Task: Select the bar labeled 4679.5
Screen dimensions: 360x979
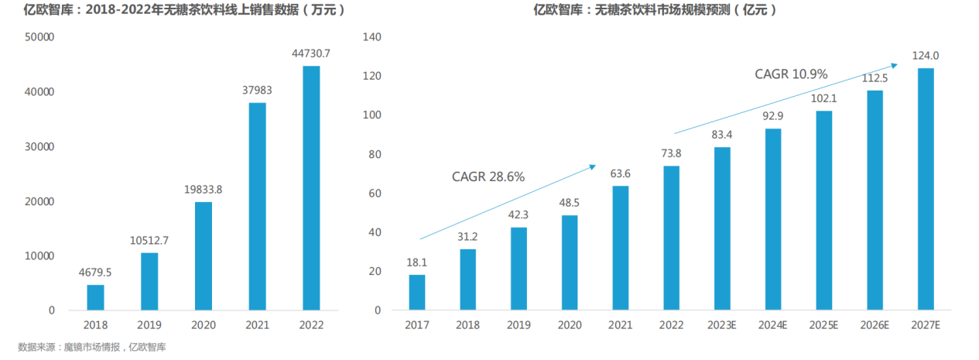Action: tap(95, 297)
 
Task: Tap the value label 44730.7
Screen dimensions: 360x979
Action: tap(311, 53)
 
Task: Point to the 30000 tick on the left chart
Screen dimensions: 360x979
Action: tap(40, 146)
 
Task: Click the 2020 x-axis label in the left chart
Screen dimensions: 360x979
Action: tap(203, 325)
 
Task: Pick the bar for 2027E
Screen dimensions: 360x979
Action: tap(925, 189)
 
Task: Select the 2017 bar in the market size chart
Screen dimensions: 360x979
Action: tap(416, 292)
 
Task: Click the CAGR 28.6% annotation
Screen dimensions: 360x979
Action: tap(488, 177)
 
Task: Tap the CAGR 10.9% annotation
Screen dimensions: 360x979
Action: tap(791, 74)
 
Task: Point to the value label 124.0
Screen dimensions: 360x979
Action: tap(925, 56)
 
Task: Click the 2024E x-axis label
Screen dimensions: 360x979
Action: tap(772, 325)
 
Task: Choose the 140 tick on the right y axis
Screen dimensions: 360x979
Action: tap(373, 37)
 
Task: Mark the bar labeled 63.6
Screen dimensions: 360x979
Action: tap(620, 248)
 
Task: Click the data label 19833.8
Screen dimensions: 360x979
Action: tap(204, 189)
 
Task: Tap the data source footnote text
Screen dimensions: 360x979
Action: tap(92, 348)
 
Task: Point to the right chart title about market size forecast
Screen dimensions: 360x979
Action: tap(655, 10)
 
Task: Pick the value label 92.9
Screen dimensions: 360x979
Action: tap(772, 115)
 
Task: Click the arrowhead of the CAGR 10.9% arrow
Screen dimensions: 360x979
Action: tap(896, 64)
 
